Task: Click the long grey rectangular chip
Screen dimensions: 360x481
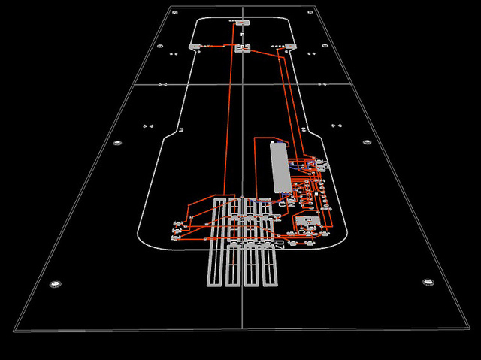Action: tap(279, 166)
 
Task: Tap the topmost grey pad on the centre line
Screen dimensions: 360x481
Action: tap(242, 23)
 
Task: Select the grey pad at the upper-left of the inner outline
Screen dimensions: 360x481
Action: tap(195, 47)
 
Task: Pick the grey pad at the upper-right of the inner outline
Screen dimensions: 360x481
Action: tap(289, 47)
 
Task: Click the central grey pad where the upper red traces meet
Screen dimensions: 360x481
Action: tap(242, 50)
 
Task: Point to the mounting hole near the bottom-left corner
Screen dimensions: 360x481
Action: tap(54, 284)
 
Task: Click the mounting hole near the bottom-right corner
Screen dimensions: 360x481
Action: tap(428, 283)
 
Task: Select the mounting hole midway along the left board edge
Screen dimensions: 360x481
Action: tap(116, 143)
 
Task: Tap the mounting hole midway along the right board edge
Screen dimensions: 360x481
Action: tap(367, 142)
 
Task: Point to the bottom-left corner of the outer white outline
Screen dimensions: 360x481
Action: tap(14, 330)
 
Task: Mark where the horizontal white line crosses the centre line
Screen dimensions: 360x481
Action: tap(243, 84)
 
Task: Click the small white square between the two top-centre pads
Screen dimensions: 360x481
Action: tap(242, 35)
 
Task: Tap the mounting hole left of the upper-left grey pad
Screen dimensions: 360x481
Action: tap(160, 47)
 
